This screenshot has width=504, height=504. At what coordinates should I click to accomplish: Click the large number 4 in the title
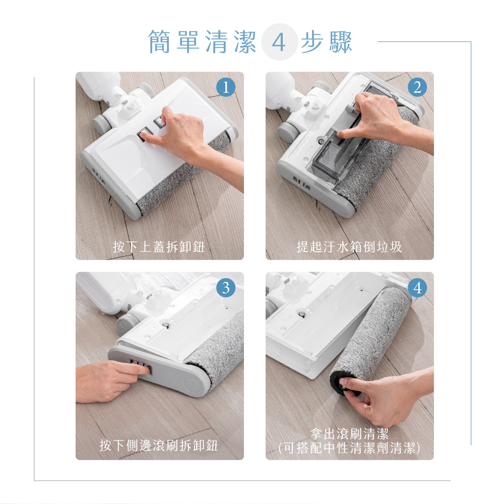pyautogui.click(x=279, y=42)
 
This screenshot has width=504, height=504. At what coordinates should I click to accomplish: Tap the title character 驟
pyautogui.click(x=341, y=42)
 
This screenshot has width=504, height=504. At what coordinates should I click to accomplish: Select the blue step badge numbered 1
pyautogui.click(x=226, y=87)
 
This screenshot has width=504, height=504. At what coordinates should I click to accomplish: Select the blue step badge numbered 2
pyautogui.click(x=416, y=87)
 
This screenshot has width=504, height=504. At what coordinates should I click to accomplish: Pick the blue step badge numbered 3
pyautogui.click(x=226, y=287)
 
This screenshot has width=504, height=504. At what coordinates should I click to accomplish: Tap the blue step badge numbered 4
pyautogui.click(x=416, y=287)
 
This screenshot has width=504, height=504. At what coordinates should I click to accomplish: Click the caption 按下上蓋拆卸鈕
pyautogui.click(x=159, y=247)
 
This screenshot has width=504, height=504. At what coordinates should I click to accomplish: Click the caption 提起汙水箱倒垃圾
pyautogui.click(x=349, y=247)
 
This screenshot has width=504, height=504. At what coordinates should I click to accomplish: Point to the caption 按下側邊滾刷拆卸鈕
pyautogui.click(x=159, y=446)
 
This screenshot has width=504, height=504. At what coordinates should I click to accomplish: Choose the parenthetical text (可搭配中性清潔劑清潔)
pyautogui.click(x=349, y=448)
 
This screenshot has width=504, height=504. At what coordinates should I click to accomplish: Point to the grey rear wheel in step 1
pyautogui.click(x=102, y=121)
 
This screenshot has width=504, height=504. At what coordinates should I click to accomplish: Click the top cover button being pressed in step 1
pyautogui.click(x=143, y=135)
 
